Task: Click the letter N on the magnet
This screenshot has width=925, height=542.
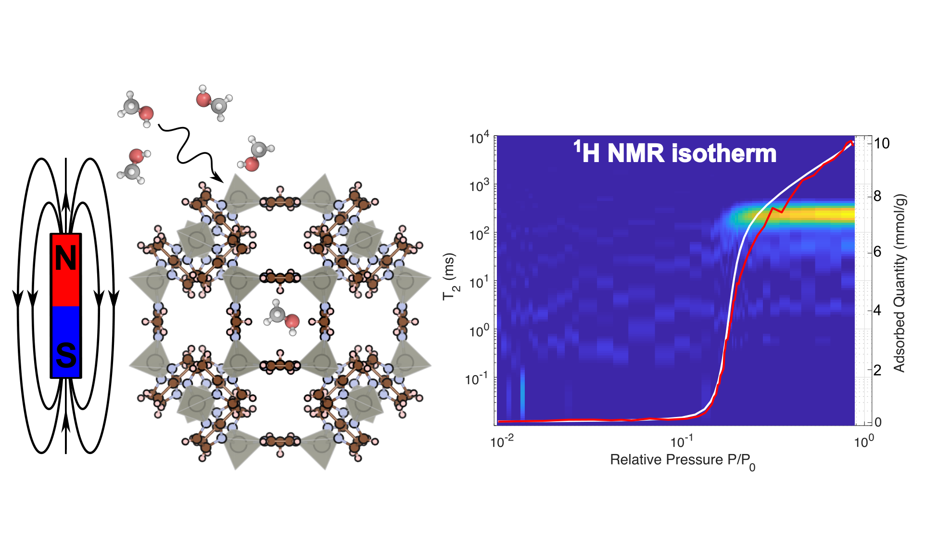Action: [x=66, y=259]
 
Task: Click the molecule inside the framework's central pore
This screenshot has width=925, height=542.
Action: [x=282, y=317]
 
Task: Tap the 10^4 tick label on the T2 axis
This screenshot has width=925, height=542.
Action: [x=479, y=139]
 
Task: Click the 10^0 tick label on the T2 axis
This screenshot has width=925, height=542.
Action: [x=479, y=332]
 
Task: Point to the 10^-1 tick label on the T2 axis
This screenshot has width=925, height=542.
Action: [x=477, y=379]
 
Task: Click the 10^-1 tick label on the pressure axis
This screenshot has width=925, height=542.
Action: [x=682, y=442]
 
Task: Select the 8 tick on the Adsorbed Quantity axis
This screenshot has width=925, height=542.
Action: [x=877, y=196]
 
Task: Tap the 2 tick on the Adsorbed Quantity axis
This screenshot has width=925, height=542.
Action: [x=877, y=370]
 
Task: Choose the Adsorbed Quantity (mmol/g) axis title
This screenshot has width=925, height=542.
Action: [x=900, y=283]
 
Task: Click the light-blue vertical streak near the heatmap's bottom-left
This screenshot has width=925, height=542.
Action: [x=522, y=394]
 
